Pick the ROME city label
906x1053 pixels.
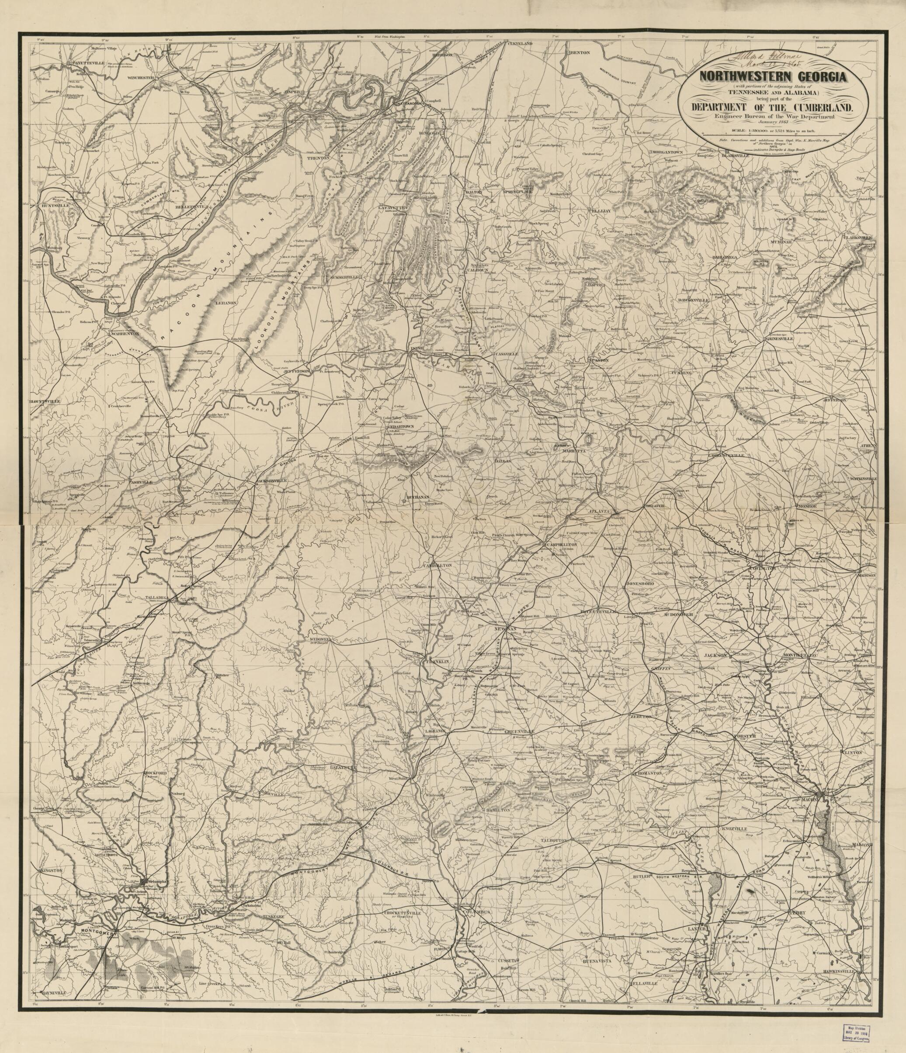click(x=417, y=348)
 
